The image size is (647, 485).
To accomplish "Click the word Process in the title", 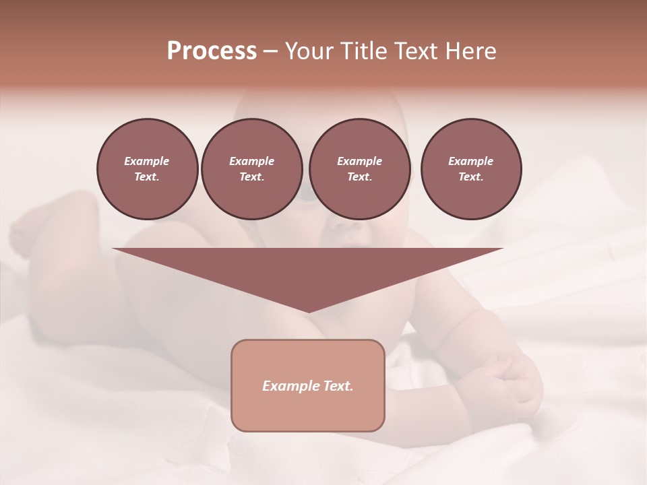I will (x=212, y=51).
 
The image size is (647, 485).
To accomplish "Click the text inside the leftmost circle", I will (x=147, y=168).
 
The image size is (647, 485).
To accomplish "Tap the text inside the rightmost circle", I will (x=470, y=168).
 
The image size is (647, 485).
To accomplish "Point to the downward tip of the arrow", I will (x=308, y=311).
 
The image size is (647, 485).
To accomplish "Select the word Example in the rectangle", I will (x=289, y=386).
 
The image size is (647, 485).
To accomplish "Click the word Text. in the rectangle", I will (x=336, y=386).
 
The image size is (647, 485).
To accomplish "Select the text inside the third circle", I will (x=359, y=168).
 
